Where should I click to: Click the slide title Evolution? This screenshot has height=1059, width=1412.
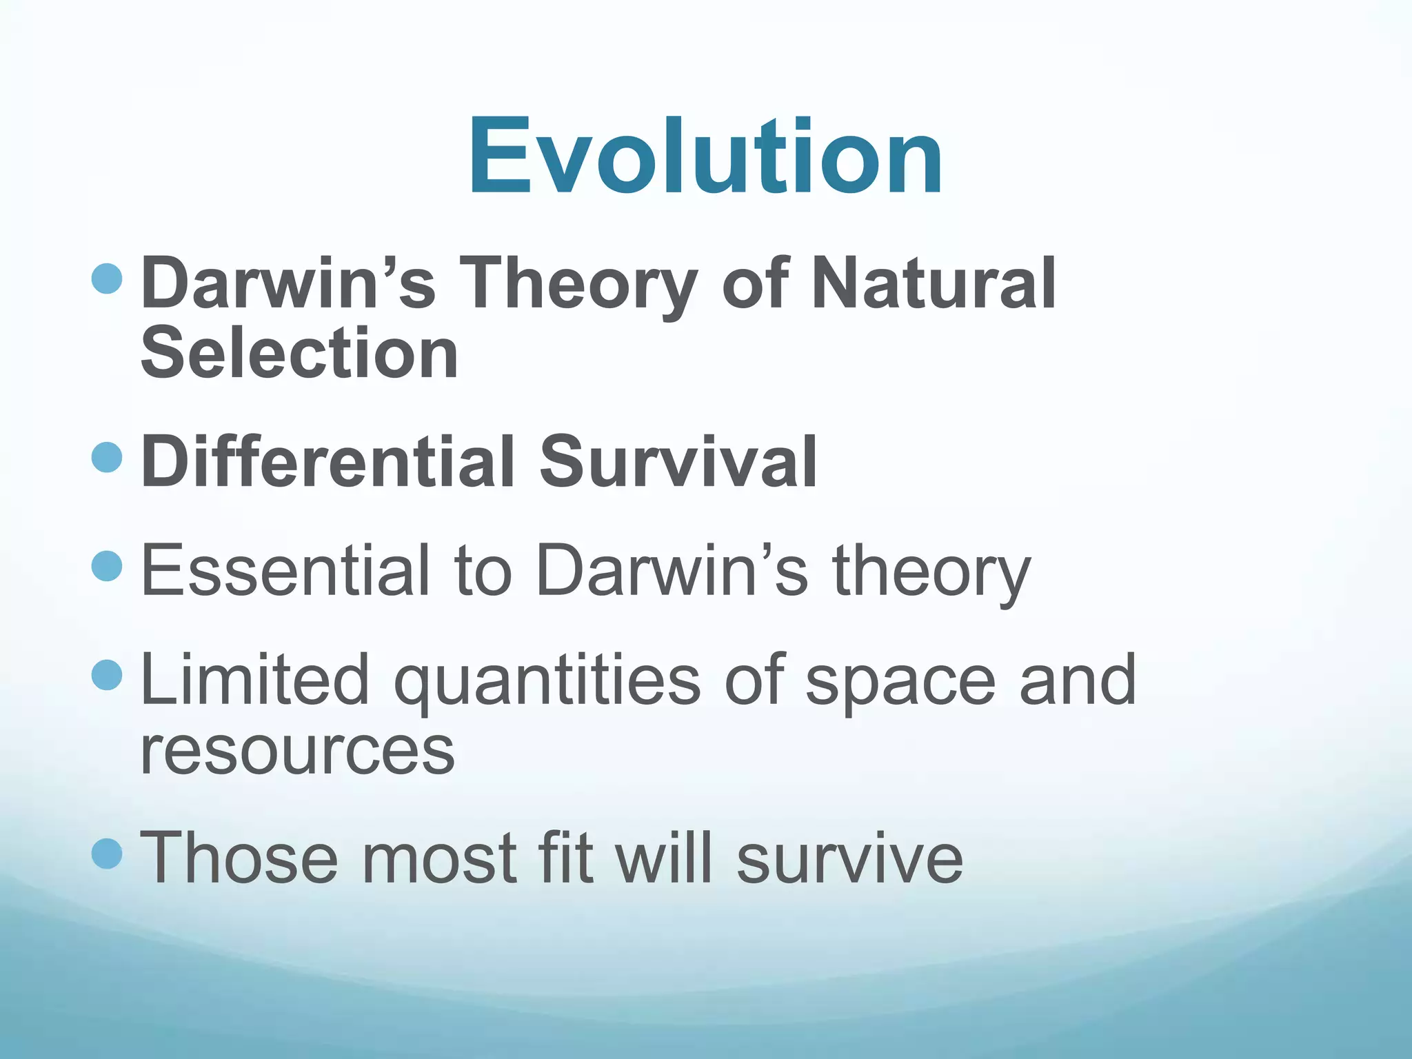(x=705, y=157)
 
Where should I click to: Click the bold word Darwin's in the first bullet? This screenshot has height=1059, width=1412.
(x=288, y=283)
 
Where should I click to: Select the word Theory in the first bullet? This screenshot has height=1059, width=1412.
(x=577, y=283)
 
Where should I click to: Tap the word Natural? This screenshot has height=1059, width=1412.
(x=933, y=283)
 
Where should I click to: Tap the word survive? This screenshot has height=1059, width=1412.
(x=849, y=859)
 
